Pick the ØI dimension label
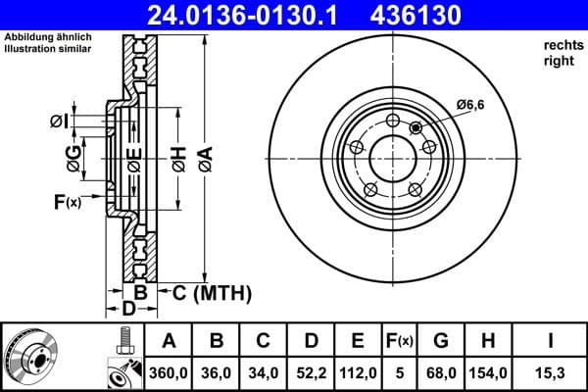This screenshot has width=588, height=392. [58, 121]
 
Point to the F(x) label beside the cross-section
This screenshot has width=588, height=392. [68, 202]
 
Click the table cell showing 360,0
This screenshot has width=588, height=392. [170, 372]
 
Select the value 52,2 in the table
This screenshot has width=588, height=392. [311, 372]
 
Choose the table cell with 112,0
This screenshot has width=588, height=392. [358, 372]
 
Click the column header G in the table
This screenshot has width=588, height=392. [442, 341]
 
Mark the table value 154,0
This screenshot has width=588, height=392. [488, 372]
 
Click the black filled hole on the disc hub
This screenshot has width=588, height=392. [416, 127]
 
